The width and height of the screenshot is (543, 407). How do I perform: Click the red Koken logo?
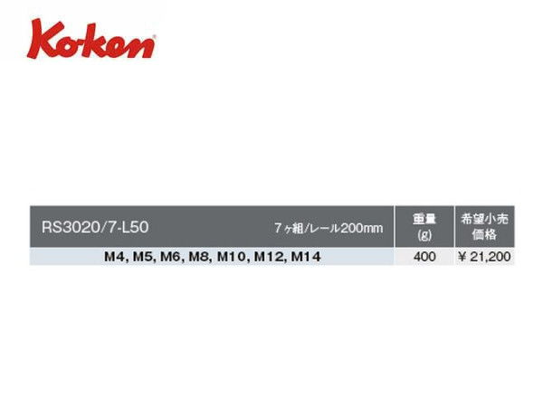[x=91, y=39]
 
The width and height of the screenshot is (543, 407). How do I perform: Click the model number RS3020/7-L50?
[x=95, y=227]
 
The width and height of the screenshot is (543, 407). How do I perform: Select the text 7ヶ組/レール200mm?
[x=329, y=228]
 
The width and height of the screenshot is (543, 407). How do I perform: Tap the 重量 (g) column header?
[x=424, y=227]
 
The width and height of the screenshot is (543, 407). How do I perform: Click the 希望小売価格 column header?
[x=484, y=227]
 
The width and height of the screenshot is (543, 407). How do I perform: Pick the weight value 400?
[x=424, y=257]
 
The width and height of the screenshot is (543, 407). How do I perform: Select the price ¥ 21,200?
[x=484, y=257]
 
